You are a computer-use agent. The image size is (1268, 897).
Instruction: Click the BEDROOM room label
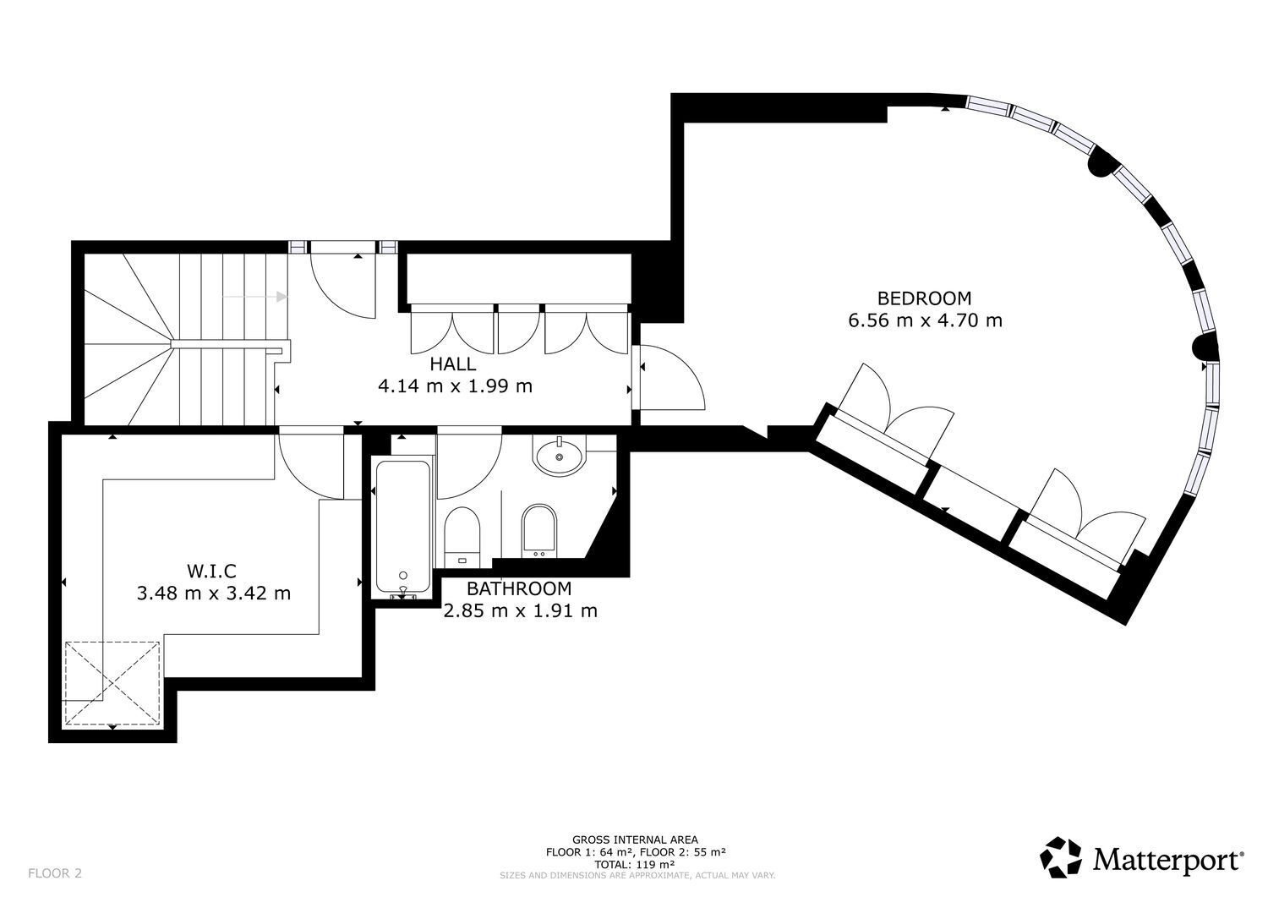(924, 298)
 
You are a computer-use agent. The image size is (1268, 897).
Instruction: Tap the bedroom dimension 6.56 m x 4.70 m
(924, 320)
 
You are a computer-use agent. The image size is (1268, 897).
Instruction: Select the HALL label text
(452, 364)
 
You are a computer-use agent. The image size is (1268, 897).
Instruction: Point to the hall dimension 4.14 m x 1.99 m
(455, 386)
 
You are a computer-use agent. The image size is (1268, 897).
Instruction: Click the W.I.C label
(213, 571)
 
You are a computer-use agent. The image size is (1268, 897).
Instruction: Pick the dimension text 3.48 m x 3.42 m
(213, 593)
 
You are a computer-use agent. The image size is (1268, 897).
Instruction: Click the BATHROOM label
(519, 588)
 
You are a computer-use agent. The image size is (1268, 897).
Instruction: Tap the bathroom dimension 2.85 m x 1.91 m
(520, 610)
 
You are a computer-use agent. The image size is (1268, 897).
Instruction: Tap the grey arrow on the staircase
(255, 296)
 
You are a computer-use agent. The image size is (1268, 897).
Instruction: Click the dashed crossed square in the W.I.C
(113, 683)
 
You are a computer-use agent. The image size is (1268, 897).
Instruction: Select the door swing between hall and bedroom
(670, 380)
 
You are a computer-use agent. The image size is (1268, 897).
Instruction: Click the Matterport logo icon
(1061, 857)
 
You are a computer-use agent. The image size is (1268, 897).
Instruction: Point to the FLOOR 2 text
(55, 872)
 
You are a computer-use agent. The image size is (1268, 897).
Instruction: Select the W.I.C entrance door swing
(310, 465)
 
